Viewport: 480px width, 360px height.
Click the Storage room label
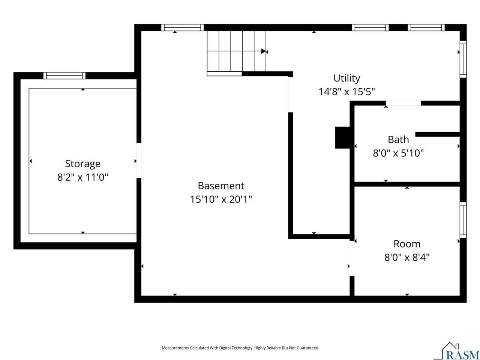point(82,164)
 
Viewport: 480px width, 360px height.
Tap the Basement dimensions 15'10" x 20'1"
point(221,199)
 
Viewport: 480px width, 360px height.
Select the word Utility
point(346,78)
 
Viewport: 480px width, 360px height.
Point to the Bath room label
point(398,139)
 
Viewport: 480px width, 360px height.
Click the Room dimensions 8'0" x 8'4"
point(407,258)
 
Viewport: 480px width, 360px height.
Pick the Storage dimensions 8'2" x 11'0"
point(82,177)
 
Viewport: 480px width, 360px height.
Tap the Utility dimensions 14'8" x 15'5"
point(346,91)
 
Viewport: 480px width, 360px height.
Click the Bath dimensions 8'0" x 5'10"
point(398,153)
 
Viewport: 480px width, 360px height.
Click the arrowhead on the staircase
point(264,51)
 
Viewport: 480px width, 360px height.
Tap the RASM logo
point(456,351)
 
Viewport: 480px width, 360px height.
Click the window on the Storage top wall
point(64,75)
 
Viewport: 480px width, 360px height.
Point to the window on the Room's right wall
point(463,220)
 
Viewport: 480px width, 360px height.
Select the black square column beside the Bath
point(342,138)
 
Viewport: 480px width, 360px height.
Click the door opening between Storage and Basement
point(139,160)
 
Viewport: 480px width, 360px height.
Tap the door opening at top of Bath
point(403,103)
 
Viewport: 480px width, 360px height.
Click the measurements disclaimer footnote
point(240,348)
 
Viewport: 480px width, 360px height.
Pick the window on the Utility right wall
point(463,59)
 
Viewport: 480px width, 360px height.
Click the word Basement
point(221,186)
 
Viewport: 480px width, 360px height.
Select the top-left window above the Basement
point(182,27)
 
